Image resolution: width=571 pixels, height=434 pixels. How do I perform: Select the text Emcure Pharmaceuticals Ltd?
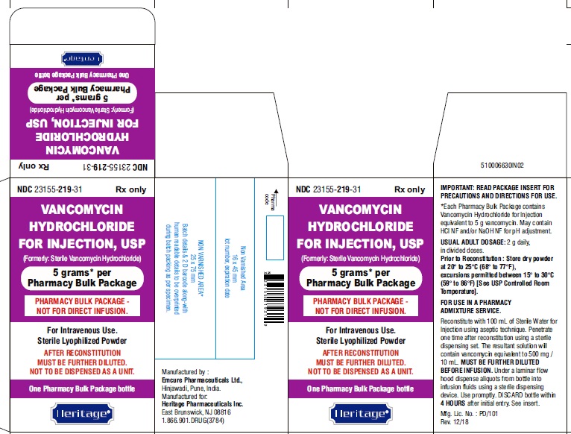pos(201,379)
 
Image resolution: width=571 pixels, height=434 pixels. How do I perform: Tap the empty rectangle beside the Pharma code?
pos(275,232)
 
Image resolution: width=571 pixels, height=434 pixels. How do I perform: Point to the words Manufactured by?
pos(186,371)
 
